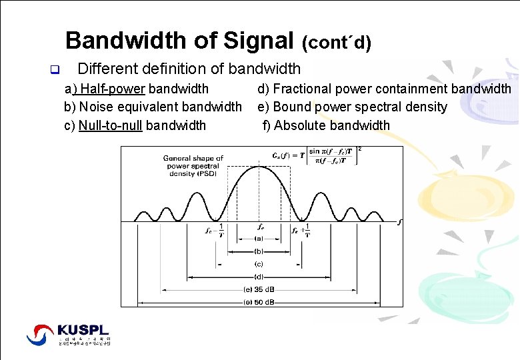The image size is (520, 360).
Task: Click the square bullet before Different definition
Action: (55, 69)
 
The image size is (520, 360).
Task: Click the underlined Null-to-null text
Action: (110, 125)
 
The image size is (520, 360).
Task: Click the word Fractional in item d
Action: (301, 89)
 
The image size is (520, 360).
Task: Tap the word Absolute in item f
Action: (299, 125)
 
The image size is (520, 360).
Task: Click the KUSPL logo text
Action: (83, 330)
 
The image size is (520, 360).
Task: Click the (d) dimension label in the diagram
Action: (259, 277)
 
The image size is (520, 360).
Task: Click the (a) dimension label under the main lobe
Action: (259, 238)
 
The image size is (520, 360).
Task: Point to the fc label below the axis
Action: (261, 227)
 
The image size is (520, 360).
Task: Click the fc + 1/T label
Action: (301, 230)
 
